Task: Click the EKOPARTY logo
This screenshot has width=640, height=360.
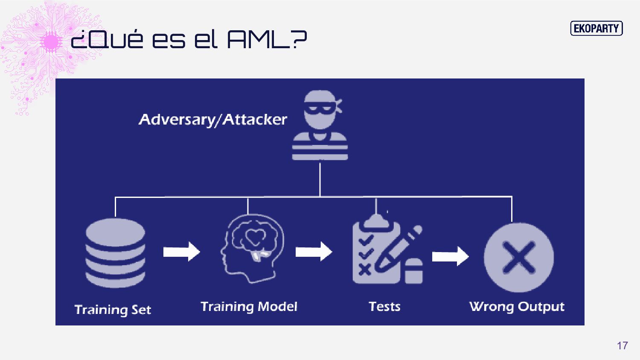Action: pos(596,29)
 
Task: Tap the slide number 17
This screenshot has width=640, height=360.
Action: pos(622,345)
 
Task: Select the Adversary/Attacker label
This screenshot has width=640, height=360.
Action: pos(213,119)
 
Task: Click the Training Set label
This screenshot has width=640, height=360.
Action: pos(113,310)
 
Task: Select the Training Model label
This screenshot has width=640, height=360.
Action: pos(249,307)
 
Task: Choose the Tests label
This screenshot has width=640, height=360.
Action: pos(384,307)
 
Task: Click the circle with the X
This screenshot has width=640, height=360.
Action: pos(518,257)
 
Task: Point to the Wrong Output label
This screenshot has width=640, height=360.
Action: pos(517,307)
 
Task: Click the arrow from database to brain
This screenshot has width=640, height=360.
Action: pos(181,252)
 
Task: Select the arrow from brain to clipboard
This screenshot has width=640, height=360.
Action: pos(314,252)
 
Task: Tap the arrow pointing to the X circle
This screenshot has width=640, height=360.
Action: pos(450,256)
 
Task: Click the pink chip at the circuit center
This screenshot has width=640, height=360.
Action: pos(51,42)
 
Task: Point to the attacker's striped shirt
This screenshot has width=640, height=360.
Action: pos(320,147)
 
